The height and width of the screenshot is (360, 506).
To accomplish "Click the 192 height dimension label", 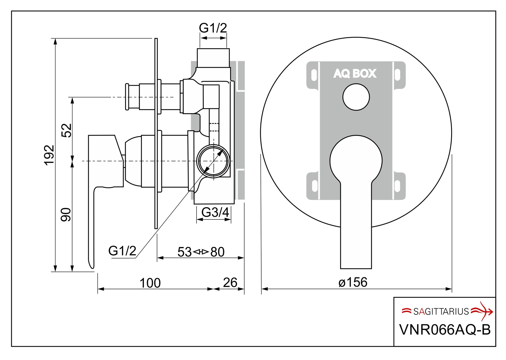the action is tap(49, 155).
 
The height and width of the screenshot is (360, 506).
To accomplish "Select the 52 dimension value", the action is tap(67, 130).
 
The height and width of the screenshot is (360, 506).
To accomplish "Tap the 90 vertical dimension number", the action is tap(66, 215).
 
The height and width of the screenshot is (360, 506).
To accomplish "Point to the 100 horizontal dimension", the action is tap(150, 283).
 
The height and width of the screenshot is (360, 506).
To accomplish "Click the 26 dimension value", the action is tap(230, 283).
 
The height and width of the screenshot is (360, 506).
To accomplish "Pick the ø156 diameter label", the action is tap(353, 282).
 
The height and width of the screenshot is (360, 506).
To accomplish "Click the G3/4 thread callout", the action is tap(215, 212).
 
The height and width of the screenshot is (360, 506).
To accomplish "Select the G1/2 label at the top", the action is tap(213, 28).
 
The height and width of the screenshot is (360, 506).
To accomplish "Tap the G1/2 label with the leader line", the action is tap(122, 251).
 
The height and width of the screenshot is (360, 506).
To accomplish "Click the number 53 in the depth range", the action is tap(185, 252).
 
